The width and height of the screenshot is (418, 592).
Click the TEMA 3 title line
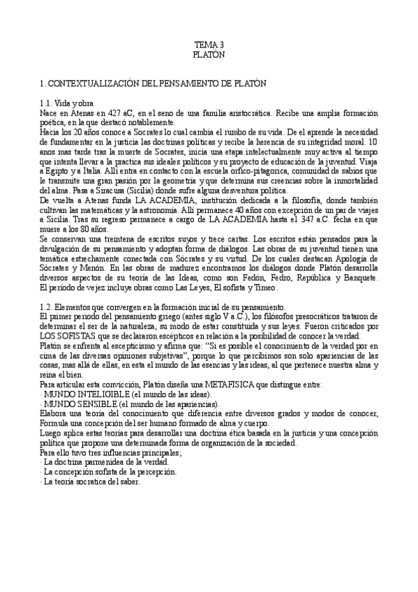pyautogui.click(x=209, y=43)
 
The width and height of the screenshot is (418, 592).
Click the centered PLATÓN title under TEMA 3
pyautogui.click(x=209, y=53)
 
